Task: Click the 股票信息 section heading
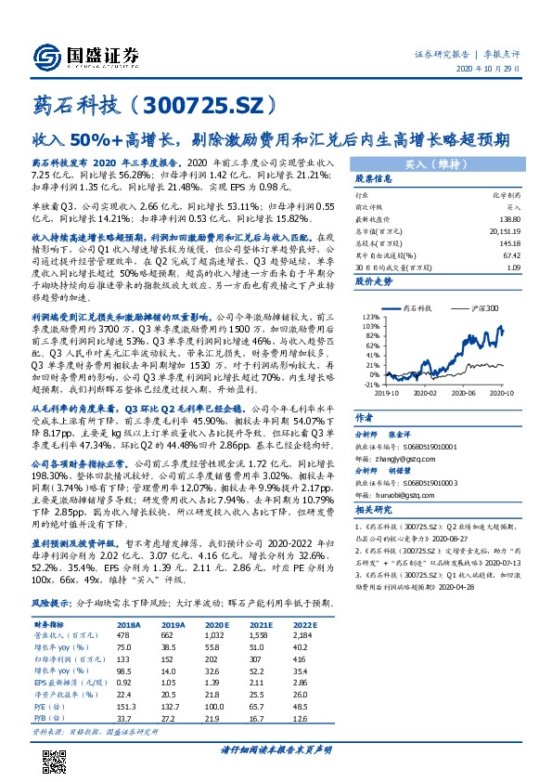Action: pyautogui.click(x=372, y=178)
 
